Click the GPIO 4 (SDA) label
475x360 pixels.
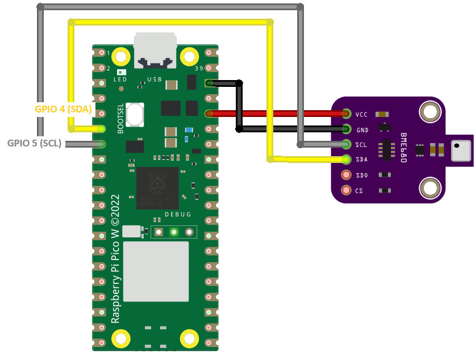[63, 110]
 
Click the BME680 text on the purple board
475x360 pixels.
[403, 148]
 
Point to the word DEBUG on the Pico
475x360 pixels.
[178, 215]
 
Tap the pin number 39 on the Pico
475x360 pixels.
[199, 69]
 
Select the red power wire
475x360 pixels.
[278, 114]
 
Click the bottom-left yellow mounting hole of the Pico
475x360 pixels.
[121, 339]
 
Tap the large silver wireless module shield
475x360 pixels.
[156, 271]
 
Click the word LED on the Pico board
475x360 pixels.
[120, 79]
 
